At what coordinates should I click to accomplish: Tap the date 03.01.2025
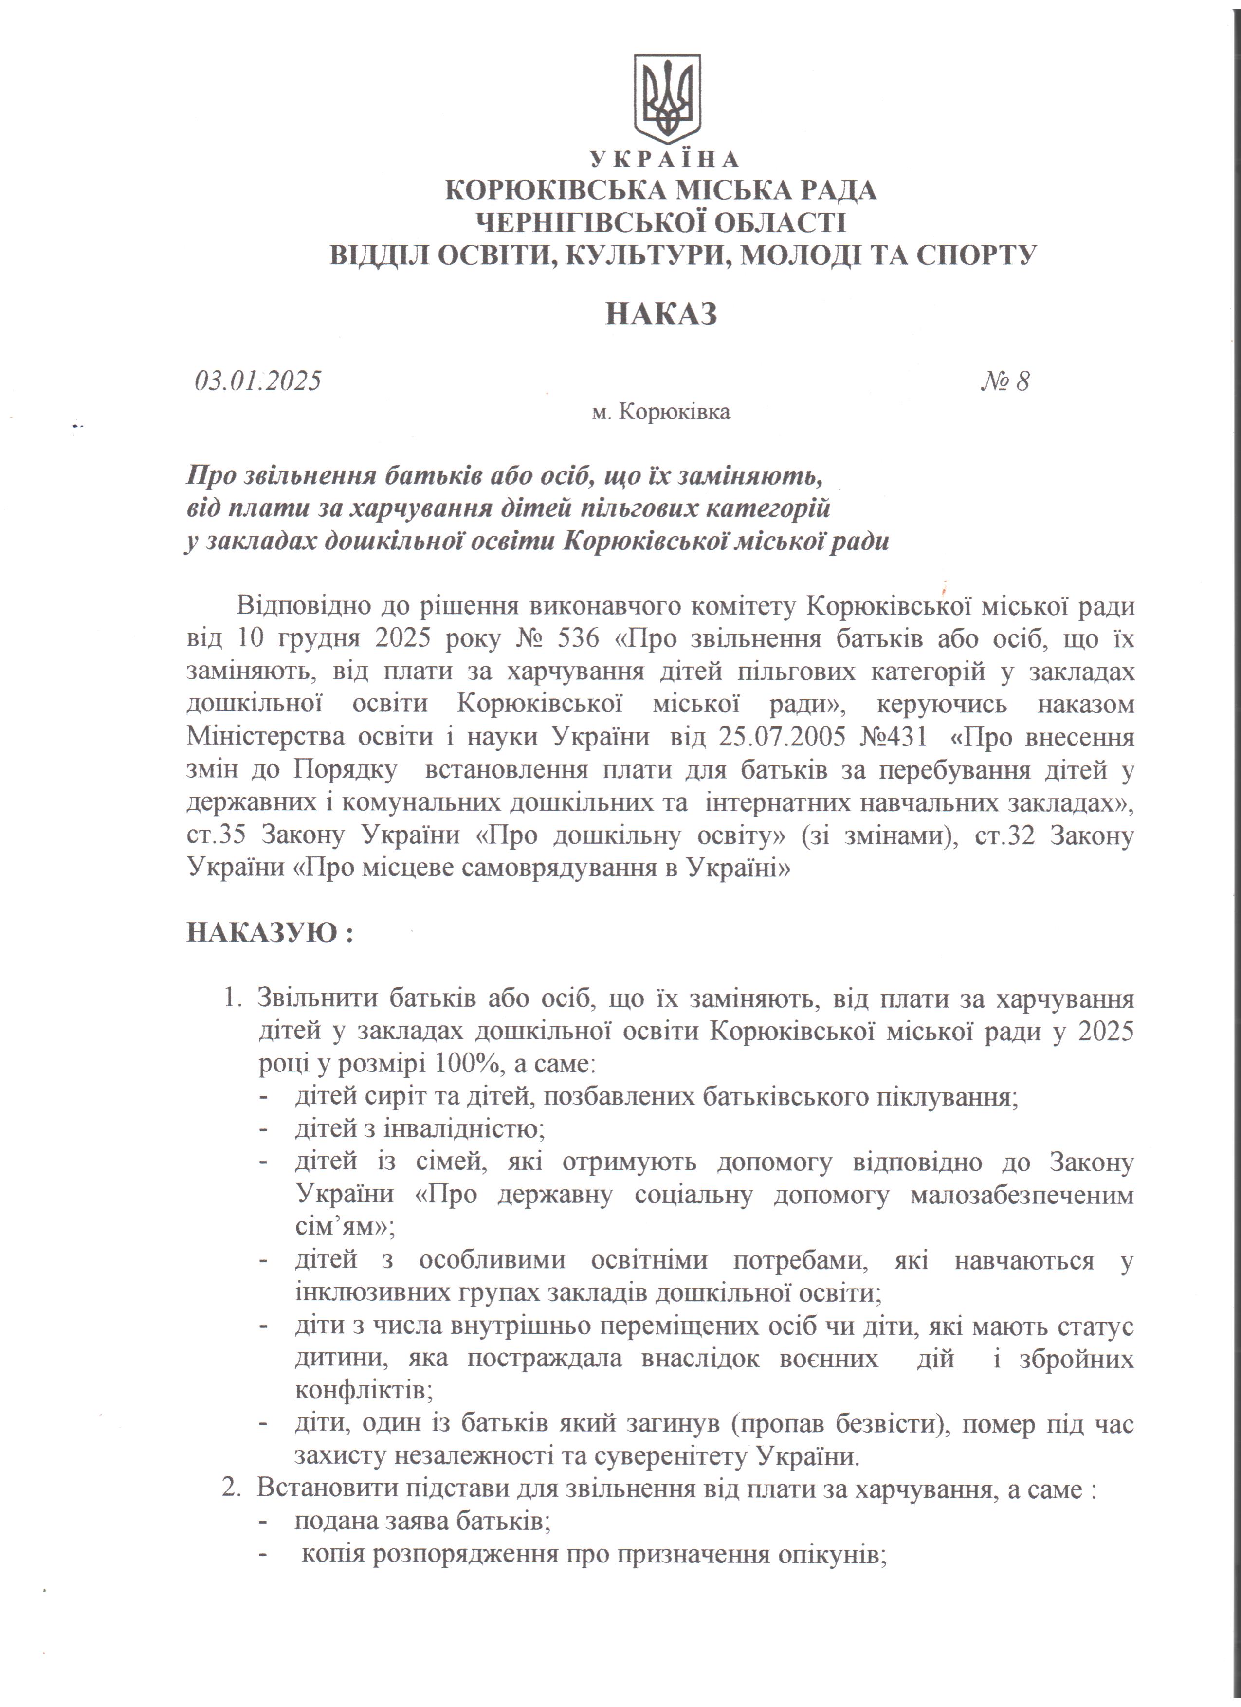tap(258, 381)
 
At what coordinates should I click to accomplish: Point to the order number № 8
tap(1004, 381)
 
